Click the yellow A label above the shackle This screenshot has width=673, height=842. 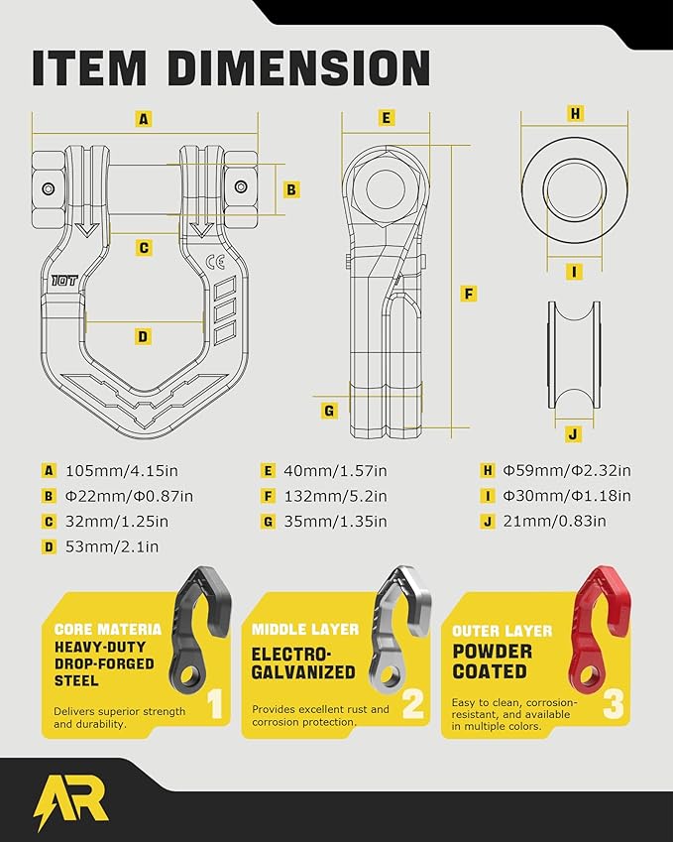coord(144,119)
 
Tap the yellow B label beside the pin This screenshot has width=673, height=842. coord(290,189)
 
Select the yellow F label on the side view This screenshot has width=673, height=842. coord(469,294)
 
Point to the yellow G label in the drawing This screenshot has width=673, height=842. coord(329,412)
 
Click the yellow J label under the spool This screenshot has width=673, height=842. coord(574,433)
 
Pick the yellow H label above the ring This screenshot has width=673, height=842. coord(575,114)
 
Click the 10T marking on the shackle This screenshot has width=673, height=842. coord(65,281)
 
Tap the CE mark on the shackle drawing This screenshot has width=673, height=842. coord(215,262)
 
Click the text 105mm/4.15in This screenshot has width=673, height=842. coord(122,471)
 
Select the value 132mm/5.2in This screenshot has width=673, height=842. coord(335,496)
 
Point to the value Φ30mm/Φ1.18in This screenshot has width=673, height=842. coord(567,496)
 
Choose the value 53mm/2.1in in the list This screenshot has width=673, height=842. coord(112,546)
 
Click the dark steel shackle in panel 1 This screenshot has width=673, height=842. coord(199,629)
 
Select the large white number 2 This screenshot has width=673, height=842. coord(413,703)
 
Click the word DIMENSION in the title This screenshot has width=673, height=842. coord(298,67)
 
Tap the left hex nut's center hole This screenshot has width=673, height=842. coord(49,188)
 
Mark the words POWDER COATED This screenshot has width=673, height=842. coord(492,662)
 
